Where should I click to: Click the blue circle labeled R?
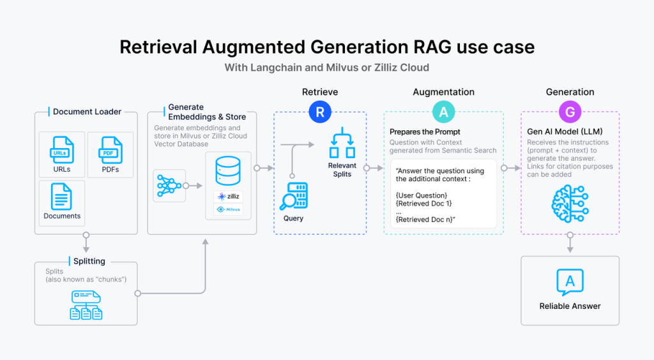point(320,112)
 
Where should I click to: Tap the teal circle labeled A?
point(443,112)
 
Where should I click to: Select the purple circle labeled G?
point(570,112)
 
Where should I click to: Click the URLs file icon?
point(62,151)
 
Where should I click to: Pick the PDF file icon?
point(110,151)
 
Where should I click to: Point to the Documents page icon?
point(62,197)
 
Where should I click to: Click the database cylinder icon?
point(229,169)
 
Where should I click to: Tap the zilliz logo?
point(229,197)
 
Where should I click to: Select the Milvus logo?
point(229,209)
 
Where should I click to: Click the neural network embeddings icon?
point(169,186)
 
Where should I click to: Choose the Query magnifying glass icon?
point(294,197)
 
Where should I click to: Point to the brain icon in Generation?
point(570,203)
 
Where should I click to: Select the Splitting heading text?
point(89,261)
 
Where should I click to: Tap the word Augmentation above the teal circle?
point(443,92)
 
